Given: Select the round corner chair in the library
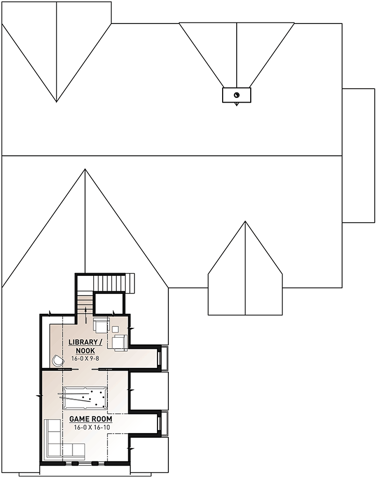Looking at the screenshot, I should point(56,360).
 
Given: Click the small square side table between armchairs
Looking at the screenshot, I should point(115,329).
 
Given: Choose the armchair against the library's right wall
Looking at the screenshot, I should point(120,342).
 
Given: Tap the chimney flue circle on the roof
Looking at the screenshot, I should point(236,95).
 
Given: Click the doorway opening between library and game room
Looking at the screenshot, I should point(86,369).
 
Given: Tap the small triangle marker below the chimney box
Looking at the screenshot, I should point(237,104).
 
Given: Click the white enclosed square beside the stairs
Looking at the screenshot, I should point(108,303).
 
